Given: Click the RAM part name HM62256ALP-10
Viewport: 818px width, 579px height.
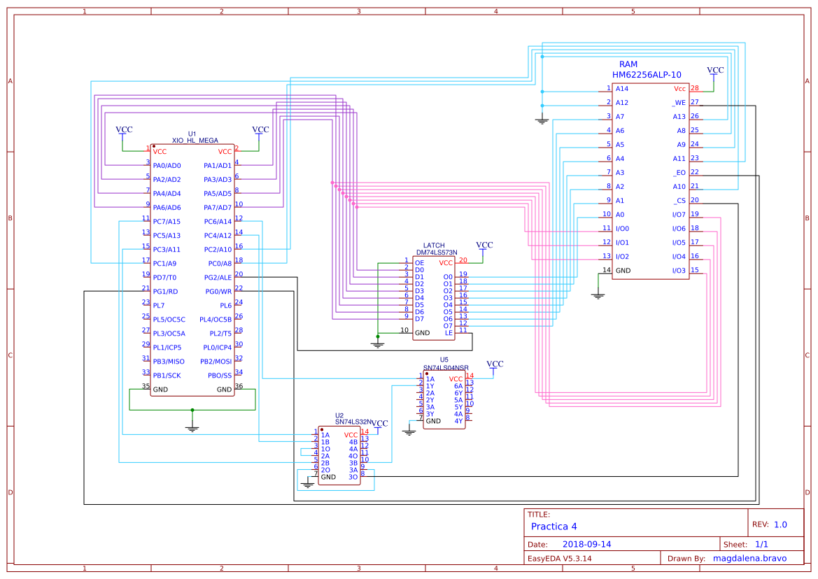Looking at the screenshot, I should coord(647,74).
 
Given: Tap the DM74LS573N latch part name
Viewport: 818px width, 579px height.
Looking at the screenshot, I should coord(437,252).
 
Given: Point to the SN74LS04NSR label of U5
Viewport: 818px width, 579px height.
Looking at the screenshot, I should coord(446,367).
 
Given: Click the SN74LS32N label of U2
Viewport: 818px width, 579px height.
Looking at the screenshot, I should coord(353,422).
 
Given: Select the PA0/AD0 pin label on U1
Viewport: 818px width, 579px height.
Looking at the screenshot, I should coord(167,166).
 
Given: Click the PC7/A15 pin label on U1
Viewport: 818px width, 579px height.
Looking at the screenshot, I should coord(167,222).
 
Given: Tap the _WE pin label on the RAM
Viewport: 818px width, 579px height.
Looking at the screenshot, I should coord(679,103).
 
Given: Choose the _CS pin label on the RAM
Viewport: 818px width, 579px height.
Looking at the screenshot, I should coord(679,201).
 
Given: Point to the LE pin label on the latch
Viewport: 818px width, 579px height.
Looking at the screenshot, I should coord(449,333).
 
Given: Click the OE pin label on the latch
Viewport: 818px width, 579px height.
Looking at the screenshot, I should coord(419,263).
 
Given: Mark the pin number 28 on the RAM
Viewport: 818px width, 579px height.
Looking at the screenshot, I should coord(694,88).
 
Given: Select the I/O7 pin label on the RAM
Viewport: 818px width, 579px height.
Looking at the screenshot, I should coord(678,215).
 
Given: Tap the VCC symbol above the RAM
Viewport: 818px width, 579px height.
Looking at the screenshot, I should coord(715,71).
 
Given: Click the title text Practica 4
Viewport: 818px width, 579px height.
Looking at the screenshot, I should coord(554,527).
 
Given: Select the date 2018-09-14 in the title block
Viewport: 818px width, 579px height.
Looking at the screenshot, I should coord(587,544).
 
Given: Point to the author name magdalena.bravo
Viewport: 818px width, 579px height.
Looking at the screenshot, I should coord(749,558).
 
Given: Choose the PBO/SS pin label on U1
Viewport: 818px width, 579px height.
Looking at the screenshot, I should coord(219,376).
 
